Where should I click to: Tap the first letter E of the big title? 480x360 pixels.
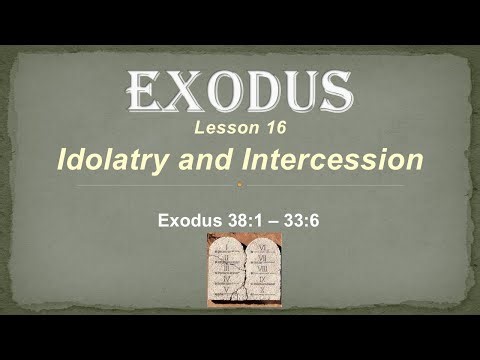point(142,94)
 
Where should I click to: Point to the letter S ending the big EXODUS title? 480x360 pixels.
point(334,94)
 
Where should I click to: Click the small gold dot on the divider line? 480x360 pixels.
point(239,185)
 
